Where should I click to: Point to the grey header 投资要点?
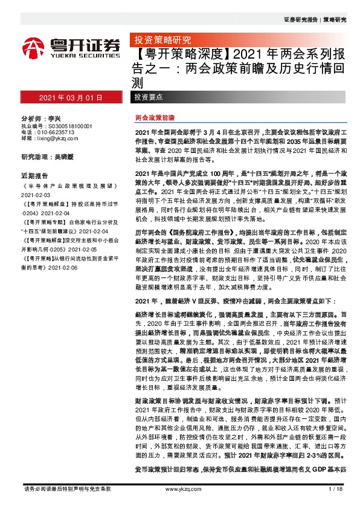149,97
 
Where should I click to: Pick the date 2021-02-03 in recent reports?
37,196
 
